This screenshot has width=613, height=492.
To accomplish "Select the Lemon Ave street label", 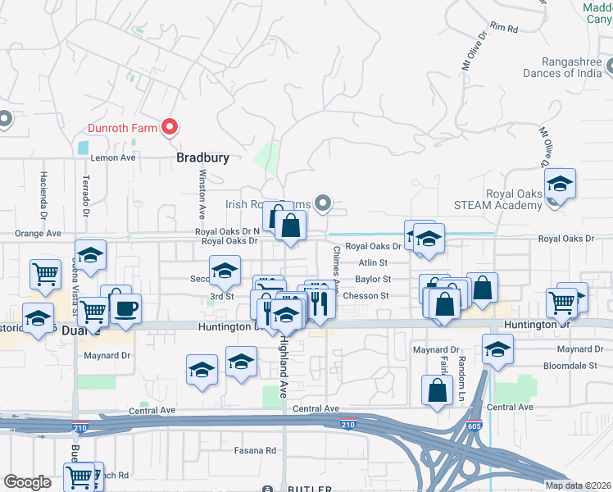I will click(x=112, y=157).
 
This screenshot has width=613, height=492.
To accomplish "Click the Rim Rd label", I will click(x=504, y=29).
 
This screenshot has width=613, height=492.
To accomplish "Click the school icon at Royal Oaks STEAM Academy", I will click(x=560, y=184).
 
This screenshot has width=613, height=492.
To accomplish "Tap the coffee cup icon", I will click(x=125, y=309).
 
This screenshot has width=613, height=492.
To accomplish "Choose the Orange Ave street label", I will click(x=38, y=234).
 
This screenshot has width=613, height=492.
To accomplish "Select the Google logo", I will click(x=28, y=482).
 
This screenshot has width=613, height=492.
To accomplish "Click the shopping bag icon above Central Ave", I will click(x=438, y=390).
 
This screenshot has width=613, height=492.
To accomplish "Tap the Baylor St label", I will click(x=373, y=279).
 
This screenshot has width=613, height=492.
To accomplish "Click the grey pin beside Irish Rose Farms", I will click(x=324, y=203).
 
